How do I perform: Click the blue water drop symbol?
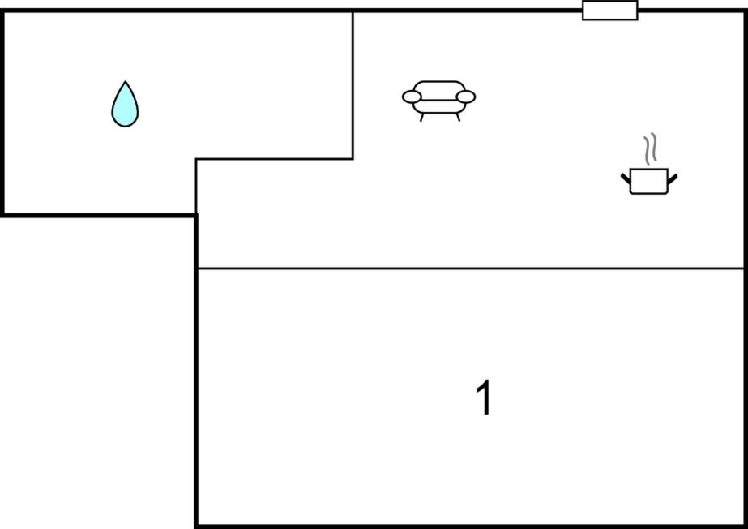125,105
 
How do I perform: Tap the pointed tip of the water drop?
126,82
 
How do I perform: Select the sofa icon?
439,101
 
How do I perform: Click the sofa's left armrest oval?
412,97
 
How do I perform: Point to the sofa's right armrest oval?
466,97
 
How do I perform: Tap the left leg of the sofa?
421,118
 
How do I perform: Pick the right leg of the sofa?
458,118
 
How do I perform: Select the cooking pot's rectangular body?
649,182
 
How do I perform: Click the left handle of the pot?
626,179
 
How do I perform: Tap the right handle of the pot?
672,179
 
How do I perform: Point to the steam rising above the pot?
650,147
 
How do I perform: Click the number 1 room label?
484,398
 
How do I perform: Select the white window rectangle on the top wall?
610,10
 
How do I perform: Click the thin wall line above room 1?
471,269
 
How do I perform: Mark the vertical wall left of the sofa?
353,85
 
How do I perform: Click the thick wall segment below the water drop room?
99,216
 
